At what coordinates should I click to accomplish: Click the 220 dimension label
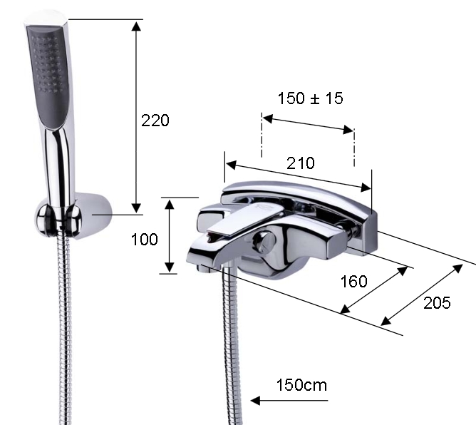click(x=155, y=121)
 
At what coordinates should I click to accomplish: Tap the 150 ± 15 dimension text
click(x=310, y=98)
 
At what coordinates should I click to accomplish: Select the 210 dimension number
click(x=301, y=163)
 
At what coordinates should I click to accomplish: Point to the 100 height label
click(x=144, y=239)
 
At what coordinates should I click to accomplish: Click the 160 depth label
click(x=353, y=281)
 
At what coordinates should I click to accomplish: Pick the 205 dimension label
click(x=437, y=303)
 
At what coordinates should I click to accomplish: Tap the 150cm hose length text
click(x=301, y=385)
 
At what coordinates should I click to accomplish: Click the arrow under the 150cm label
click(x=289, y=400)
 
